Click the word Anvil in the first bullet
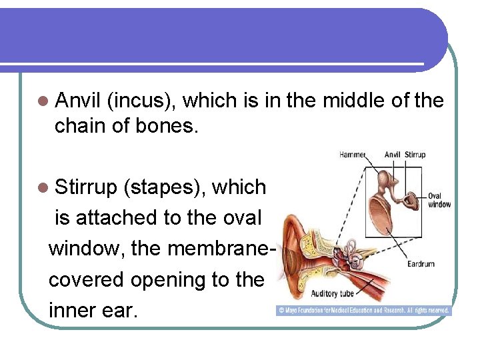pyautogui.click(x=77, y=101)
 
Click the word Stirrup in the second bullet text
pyautogui.click(x=86, y=187)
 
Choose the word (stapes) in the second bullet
pyautogui.click(x=164, y=187)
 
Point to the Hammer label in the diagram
pyautogui.click(x=353, y=155)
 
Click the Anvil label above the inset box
pyautogui.click(x=392, y=155)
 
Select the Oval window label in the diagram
pyautogui.click(x=439, y=200)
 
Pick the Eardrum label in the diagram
pyautogui.click(x=421, y=264)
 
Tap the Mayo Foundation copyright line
pyautogui.click(x=363, y=311)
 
